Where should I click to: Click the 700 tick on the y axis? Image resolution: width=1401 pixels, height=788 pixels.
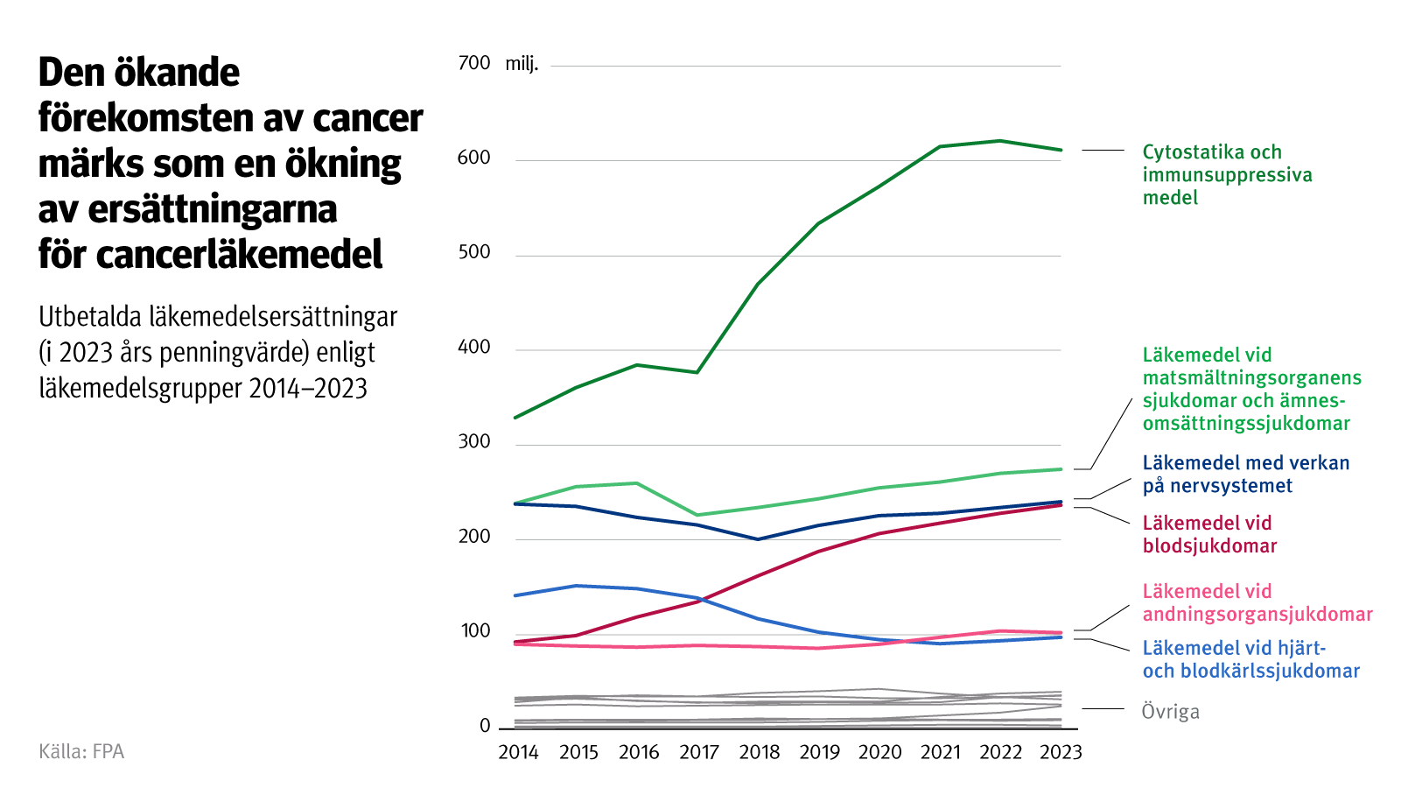pos(474,63)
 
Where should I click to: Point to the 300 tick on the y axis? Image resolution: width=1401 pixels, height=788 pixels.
pos(474,441)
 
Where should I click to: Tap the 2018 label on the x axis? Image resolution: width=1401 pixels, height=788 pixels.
pos(759,752)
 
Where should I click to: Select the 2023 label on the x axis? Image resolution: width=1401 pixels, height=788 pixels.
pos(1061,752)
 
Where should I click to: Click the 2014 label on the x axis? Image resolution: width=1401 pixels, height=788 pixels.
pos(518,752)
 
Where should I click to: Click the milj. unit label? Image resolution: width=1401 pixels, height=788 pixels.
pos(522,64)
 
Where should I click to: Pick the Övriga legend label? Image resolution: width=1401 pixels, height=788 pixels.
pos(1170,712)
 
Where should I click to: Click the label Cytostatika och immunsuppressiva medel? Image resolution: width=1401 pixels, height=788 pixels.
pos(1227,174)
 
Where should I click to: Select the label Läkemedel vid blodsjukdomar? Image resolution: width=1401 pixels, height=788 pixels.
pos(1209,534)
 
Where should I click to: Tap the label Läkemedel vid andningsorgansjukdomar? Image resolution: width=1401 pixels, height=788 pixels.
pos(1257,602)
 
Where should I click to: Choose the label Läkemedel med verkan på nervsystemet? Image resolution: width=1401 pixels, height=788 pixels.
pos(1245,474)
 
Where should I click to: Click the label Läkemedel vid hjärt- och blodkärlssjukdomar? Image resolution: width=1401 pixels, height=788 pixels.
pos(1250,659)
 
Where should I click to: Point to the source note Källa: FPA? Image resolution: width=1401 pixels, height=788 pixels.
pos(81,751)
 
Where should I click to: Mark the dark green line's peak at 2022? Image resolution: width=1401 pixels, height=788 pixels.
pos(1000,141)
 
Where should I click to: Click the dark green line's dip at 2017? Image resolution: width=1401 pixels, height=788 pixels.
pos(697,373)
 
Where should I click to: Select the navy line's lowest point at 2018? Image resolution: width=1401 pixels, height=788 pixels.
pos(758,539)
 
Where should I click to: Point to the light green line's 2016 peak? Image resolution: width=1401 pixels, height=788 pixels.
pos(637,483)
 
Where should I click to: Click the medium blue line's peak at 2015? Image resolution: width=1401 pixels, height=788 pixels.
pos(576,586)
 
